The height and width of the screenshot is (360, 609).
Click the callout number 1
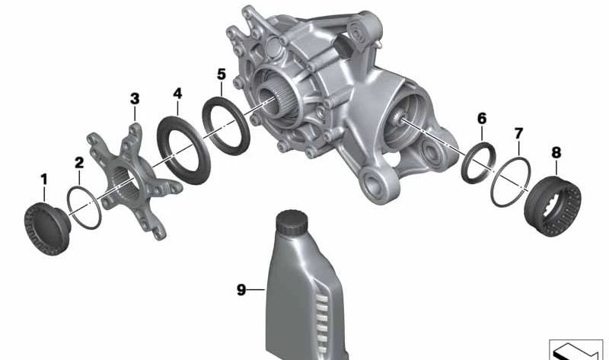(44, 180)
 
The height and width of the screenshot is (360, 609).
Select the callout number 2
(79, 163)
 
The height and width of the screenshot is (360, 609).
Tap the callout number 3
(135, 99)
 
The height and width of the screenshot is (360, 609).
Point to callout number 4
(177, 94)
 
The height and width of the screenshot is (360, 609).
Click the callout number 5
(222, 74)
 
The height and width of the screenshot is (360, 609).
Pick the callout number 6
(482, 118)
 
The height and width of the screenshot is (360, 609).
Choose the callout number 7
(519, 134)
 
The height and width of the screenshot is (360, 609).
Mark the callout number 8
(556, 153)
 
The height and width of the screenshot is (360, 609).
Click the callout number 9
(241, 290)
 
